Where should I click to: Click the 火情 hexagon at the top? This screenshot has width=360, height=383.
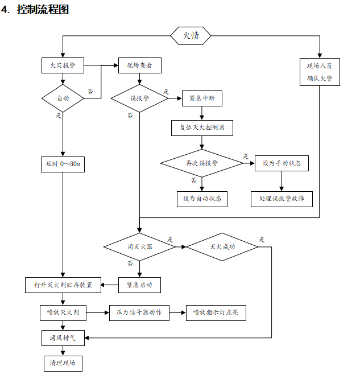191,36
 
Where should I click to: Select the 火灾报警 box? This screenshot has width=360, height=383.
63,65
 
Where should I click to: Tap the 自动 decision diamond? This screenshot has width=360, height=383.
63,98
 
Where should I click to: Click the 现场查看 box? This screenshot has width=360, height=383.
139,65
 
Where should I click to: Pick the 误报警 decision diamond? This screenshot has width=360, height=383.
139,98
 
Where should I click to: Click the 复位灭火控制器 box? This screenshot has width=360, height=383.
202,127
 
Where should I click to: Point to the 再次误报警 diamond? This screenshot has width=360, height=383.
202,163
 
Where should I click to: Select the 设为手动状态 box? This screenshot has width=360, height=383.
282,163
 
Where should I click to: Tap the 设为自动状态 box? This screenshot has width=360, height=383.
202,199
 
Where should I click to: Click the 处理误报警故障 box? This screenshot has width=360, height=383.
282,199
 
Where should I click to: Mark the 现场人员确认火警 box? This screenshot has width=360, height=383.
320,72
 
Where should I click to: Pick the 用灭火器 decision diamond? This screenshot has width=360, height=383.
139,247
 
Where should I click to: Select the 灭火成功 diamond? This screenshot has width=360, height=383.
222,247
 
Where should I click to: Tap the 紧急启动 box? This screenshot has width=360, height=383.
139,284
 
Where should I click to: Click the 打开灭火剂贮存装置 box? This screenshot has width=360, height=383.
63,284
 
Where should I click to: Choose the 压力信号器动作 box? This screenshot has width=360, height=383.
139,312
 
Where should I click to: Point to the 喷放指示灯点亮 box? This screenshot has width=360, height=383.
216,312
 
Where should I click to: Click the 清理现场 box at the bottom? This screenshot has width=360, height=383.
63,363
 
